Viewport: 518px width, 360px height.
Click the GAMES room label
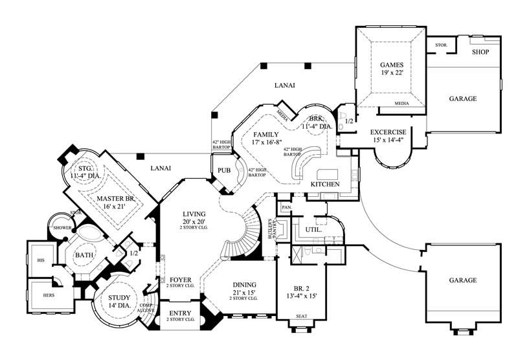[392, 65]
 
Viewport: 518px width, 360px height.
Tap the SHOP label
[480, 52]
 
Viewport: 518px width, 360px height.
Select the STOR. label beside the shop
[442, 45]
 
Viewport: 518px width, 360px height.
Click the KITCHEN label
[325, 185]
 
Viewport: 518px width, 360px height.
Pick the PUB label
[224, 171]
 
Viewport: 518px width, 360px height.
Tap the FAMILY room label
[265, 135]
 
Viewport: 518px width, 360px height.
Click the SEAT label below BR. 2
[302, 316]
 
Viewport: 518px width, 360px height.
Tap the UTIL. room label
[306, 230]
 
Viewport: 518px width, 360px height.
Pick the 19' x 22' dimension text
[392, 73]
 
